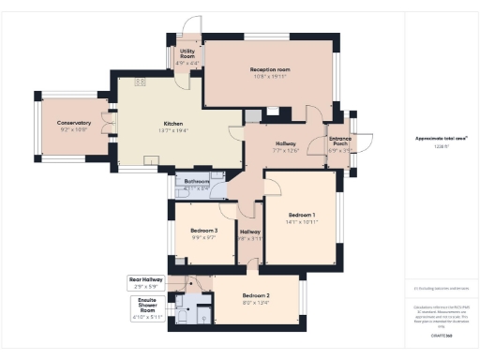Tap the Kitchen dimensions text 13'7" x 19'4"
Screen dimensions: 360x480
pyautogui.click(x=173, y=131)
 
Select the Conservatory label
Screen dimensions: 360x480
pyautogui.click(x=74, y=123)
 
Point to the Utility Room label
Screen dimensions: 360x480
pyautogui.click(x=187, y=54)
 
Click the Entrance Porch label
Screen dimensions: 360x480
pyautogui.click(x=339, y=141)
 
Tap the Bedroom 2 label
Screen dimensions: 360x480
pyautogui.click(x=256, y=294)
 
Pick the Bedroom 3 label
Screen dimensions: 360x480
pyautogui.click(x=203, y=231)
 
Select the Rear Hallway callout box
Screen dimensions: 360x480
pyautogui.click(x=146, y=281)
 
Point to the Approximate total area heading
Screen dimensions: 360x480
pyautogui.click(x=441, y=138)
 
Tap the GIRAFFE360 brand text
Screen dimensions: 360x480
pyautogui.click(x=441, y=334)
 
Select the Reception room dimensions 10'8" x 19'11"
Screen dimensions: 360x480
pyautogui.click(x=270, y=78)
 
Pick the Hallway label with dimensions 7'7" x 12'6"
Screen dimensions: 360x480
pyautogui.click(x=286, y=146)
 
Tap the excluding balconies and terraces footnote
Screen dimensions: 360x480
pyautogui.click(x=441, y=288)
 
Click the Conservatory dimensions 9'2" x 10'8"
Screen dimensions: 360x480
pyautogui.click(x=74, y=130)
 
